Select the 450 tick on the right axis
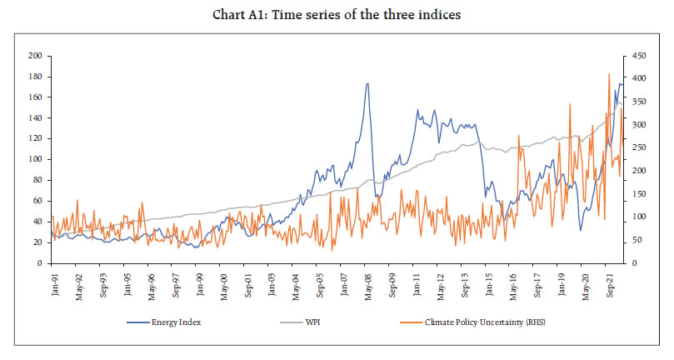[639, 56]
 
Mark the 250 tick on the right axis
[639, 147]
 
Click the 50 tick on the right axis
[637, 240]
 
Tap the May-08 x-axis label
[367, 284]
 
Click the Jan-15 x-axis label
[488, 284]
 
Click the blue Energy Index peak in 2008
[367, 83]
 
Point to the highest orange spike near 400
[609, 74]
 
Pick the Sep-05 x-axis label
[319, 284]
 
